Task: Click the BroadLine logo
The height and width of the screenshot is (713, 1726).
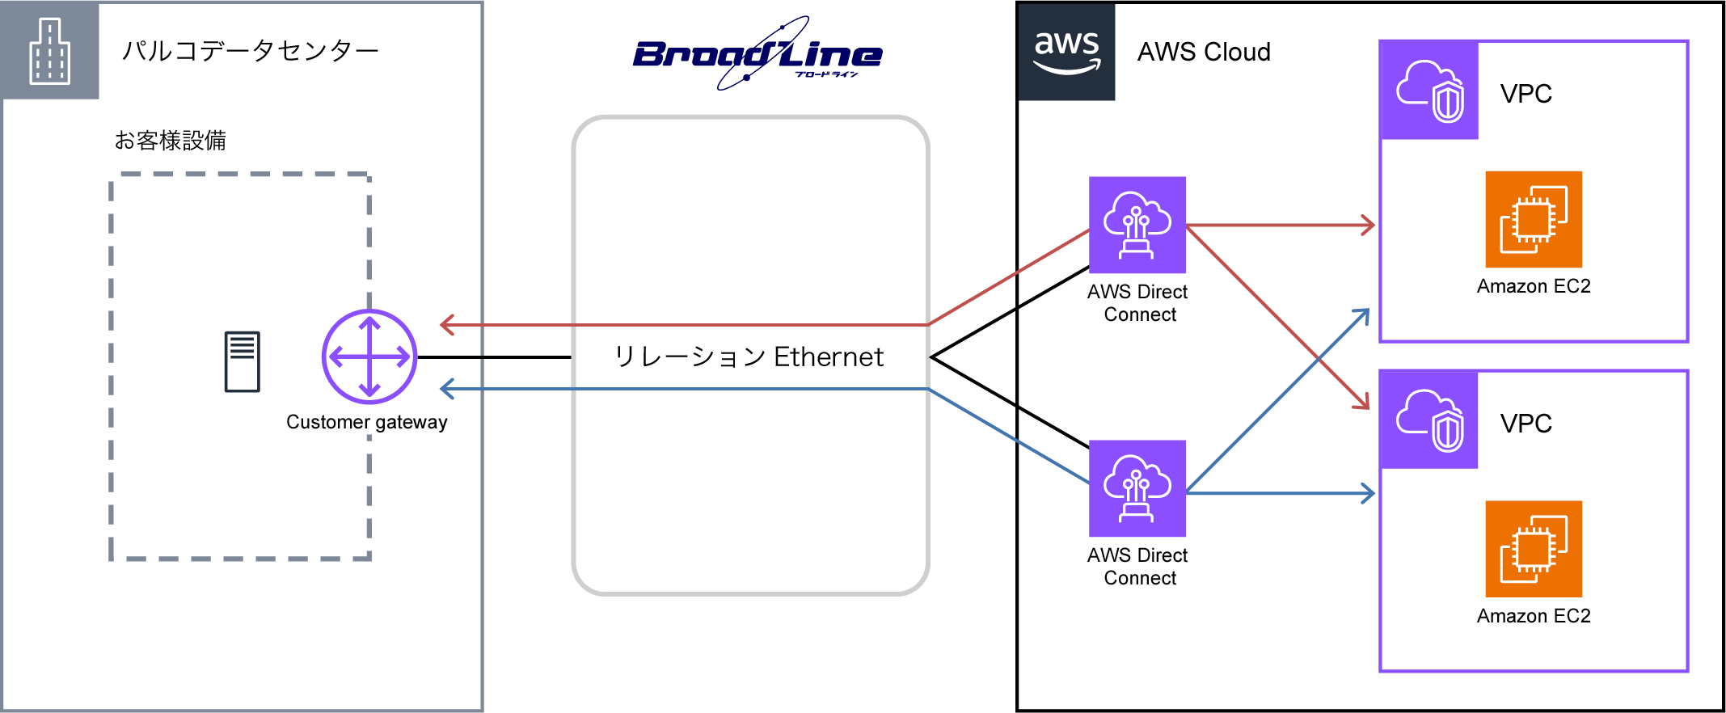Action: (757, 54)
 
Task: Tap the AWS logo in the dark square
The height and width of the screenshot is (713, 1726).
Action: (1066, 52)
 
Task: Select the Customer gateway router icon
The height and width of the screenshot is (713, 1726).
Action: (369, 356)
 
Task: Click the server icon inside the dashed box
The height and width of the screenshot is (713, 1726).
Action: (242, 361)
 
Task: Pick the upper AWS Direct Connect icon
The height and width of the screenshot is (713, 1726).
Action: (1137, 225)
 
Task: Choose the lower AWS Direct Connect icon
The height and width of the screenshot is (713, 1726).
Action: (1137, 488)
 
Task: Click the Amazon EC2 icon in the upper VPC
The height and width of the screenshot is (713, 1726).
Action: (1533, 219)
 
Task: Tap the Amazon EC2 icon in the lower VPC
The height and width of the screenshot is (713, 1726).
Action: (1533, 549)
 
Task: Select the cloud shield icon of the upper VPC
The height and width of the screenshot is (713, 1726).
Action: (1429, 91)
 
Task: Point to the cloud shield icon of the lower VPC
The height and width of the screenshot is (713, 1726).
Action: (1429, 420)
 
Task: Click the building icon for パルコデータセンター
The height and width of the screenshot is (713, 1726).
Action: (50, 51)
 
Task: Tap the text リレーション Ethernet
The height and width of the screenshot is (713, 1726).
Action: (749, 356)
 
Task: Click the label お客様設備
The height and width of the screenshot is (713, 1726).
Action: (170, 141)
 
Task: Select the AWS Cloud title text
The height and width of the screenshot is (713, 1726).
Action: (1203, 52)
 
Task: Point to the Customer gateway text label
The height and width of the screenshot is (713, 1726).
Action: (366, 422)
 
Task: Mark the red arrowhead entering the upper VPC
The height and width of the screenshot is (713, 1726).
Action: (1368, 225)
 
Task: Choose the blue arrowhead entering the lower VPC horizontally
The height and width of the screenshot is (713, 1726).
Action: (1368, 493)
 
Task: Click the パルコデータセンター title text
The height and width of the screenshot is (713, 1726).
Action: (250, 51)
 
